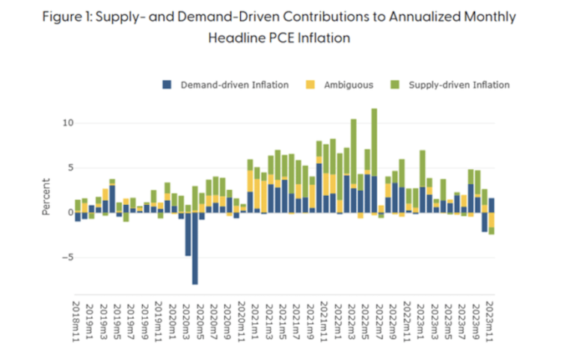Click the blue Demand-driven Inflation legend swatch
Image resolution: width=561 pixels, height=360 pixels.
(x=167, y=85)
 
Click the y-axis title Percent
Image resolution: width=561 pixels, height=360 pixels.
(x=46, y=197)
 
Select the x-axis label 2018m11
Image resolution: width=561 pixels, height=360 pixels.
(x=78, y=320)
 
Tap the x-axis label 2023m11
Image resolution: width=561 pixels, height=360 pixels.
(x=490, y=320)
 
